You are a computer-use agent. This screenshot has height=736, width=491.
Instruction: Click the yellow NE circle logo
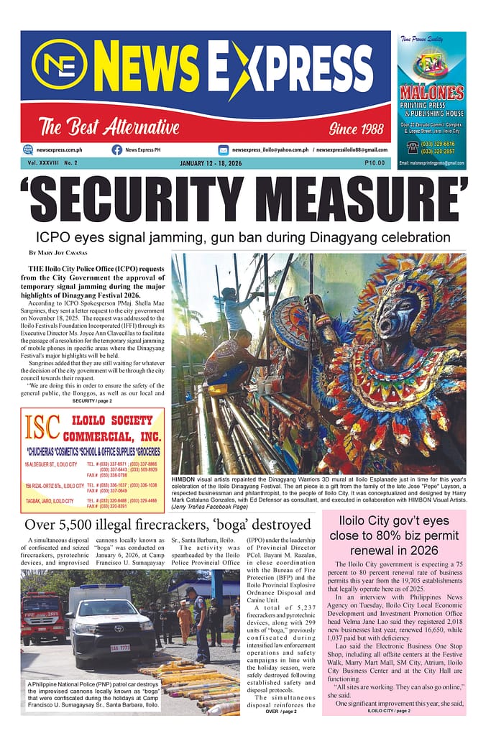click(x=59, y=64)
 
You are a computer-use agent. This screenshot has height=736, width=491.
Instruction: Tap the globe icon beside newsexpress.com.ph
click(x=28, y=149)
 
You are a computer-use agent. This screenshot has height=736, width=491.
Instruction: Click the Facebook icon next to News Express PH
click(x=116, y=149)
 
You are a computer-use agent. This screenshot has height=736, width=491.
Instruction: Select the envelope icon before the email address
click(x=224, y=149)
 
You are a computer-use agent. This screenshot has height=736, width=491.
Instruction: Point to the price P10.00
click(x=374, y=163)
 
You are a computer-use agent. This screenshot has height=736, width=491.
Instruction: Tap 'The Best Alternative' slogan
click(x=109, y=129)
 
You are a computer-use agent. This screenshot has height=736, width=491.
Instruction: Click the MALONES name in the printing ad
click(x=431, y=93)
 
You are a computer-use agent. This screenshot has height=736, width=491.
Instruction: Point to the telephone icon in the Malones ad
click(x=413, y=147)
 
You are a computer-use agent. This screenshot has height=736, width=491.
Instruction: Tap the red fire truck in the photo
click(x=42, y=617)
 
